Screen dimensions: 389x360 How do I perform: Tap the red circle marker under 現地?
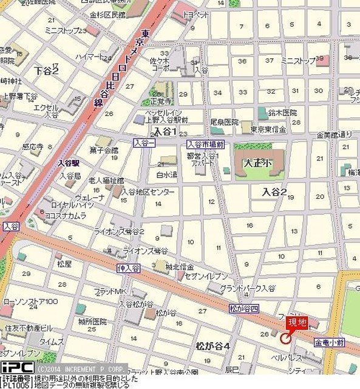click(x=287, y=332)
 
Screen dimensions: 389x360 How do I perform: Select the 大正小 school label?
click(x=257, y=164)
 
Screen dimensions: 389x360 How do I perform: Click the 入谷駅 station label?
click(x=69, y=163)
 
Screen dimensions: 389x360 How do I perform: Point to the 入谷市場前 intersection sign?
click(x=206, y=144)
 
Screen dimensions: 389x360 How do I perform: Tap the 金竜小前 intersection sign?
click(x=330, y=343)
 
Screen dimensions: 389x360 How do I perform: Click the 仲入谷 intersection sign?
click(x=129, y=268)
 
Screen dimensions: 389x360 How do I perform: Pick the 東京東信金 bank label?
click(x=268, y=129)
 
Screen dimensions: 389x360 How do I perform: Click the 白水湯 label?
click(x=166, y=175)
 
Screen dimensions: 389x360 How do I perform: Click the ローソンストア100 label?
click(x=31, y=301)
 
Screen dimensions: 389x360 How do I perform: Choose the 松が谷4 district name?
click(x=212, y=346)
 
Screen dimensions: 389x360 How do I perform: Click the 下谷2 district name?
click(x=46, y=71)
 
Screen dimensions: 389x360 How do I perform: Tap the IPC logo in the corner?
click(x=17, y=367)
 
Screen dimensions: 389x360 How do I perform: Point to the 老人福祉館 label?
click(x=106, y=181)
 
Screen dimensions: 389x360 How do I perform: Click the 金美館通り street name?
click(x=337, y=134)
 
